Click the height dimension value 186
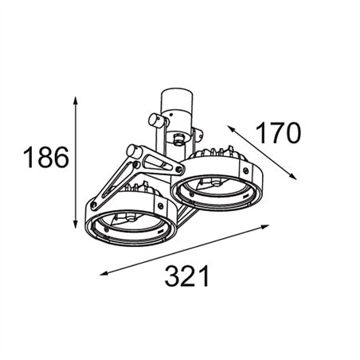click(x=46, y=157)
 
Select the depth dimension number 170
click(x=278, y=132)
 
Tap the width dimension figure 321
click(x=187, y=276)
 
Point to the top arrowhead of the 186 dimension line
click(x=76, y=100)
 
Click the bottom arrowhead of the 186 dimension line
click(x=76, y=224)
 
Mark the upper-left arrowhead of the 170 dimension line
click(x=232, y=128)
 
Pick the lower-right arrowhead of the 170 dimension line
click(x=292, y=176)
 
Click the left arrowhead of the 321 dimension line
click(x=104, y=273)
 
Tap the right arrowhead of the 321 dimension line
click(x=265, y=226)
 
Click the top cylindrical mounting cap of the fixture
click(x=176, y=102)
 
